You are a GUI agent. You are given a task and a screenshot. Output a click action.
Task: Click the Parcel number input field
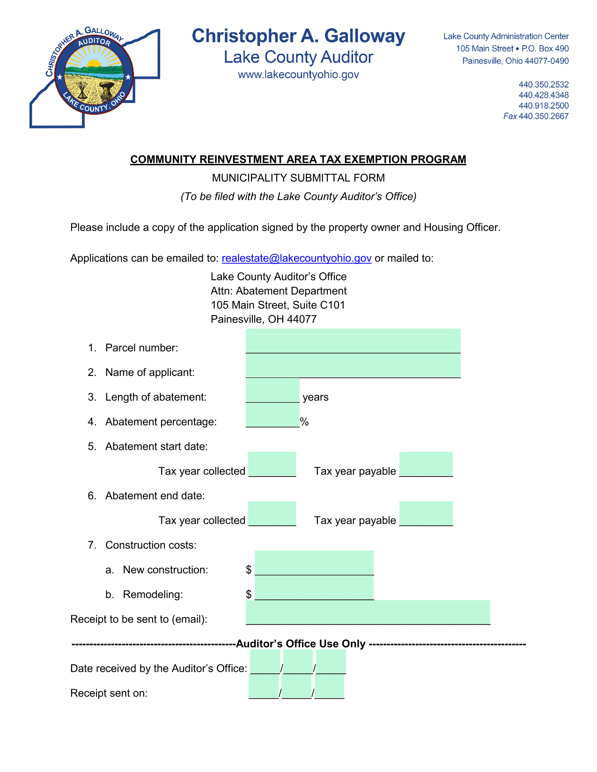[x=353, y=341]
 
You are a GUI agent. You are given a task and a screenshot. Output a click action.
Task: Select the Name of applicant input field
[x=353, y=366]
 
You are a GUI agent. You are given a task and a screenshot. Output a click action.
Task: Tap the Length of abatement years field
[x=273, y=391]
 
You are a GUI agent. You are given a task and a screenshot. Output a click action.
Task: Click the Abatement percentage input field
[x=273, y=416]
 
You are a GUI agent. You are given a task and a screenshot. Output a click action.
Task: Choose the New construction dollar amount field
[x=314, y=563]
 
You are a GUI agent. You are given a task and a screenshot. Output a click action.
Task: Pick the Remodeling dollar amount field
[x=314, y=588]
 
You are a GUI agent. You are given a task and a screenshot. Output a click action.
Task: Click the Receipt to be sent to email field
[x=368, y=612]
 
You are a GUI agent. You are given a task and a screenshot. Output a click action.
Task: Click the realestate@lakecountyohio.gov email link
[x=296, y=258]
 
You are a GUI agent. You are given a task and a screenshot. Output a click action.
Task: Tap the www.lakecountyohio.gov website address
[x=298, y=75]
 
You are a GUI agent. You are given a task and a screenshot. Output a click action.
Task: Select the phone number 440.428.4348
[x=543, y=95]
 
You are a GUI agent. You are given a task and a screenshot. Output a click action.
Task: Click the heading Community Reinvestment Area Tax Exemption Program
[x=298, y=160]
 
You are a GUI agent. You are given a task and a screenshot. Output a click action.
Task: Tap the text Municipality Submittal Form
[x=298, y=178]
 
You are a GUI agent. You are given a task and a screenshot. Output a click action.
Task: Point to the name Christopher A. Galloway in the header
[x=298, y=37]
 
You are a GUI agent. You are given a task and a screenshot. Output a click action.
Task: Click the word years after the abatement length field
[x=316, y=397]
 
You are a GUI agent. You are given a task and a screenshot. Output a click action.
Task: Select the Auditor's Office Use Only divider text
[x=301, y=644]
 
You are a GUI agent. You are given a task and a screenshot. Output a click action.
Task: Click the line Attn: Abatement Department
[x=279, y=291]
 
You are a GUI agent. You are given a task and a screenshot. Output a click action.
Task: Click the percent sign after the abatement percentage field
[x=305, y=422]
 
